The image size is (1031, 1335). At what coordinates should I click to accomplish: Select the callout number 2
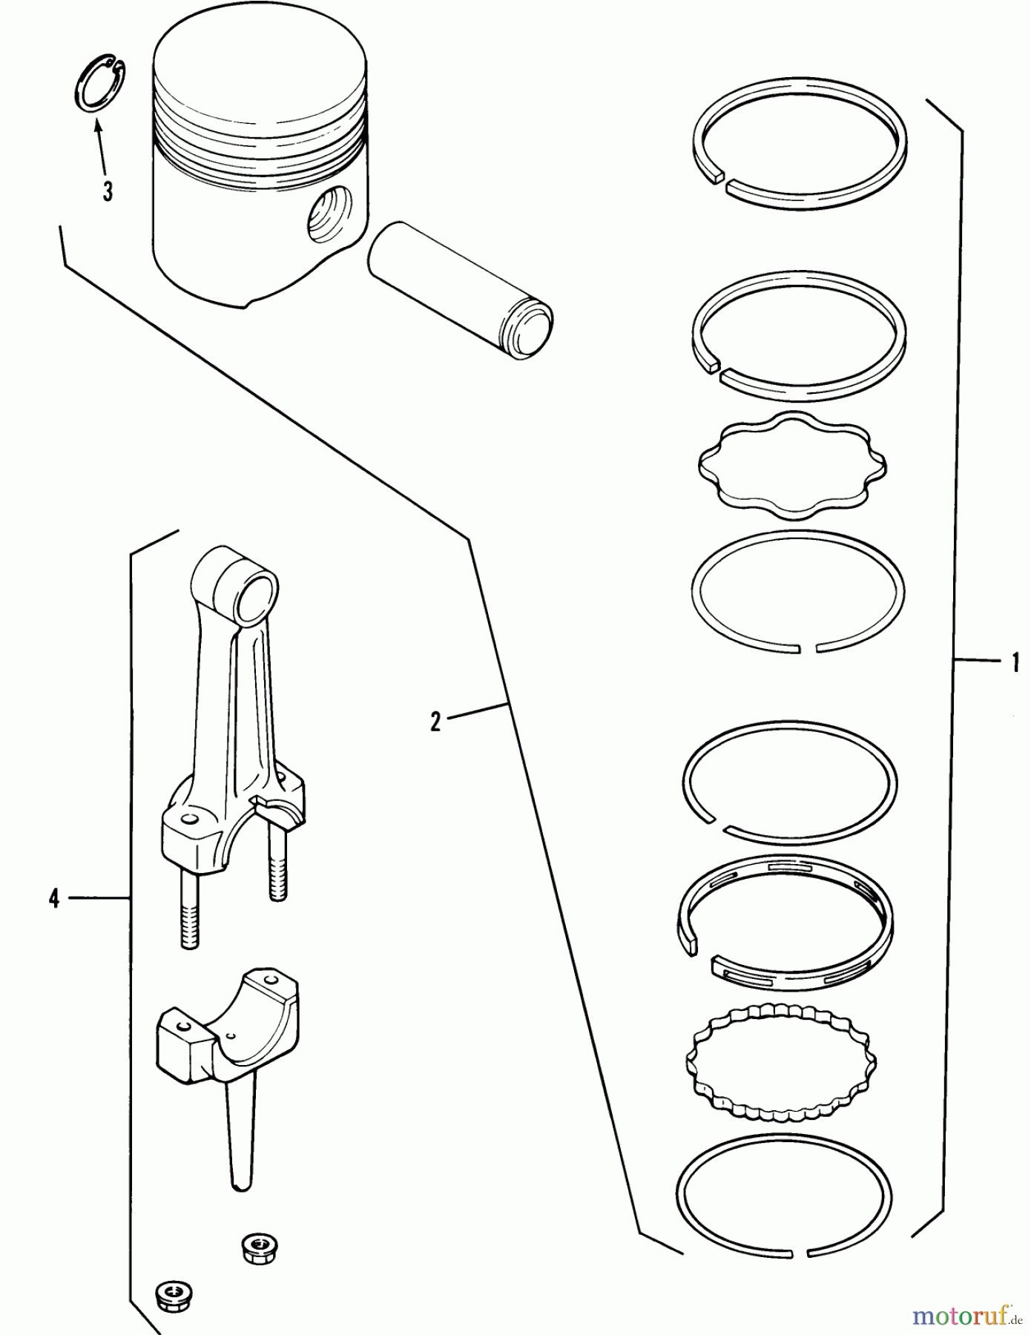pyautogui.click(x=435, y=721)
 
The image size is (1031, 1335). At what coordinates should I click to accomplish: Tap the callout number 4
pyautogui.click(x=53, y=900)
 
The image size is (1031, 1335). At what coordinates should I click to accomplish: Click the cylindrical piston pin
pyautogui.click(x=460, y=289)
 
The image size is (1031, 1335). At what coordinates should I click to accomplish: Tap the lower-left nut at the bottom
pyautogui.click(x=173, y=1294)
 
